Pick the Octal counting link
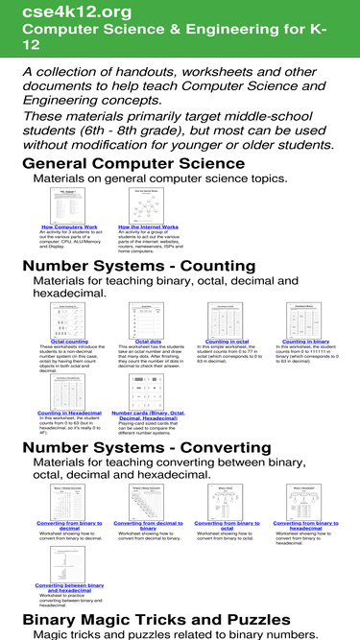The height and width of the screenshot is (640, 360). [x=69, y=341]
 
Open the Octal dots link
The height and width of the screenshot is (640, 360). [x=148, y=341]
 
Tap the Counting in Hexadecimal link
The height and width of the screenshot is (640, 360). [x=69, y=413]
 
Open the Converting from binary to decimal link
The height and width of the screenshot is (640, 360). [x=69, y=527]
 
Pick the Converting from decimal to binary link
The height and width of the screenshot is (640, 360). [x=148, y=527]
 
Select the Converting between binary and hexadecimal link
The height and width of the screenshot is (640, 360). [x=69, y=587]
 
